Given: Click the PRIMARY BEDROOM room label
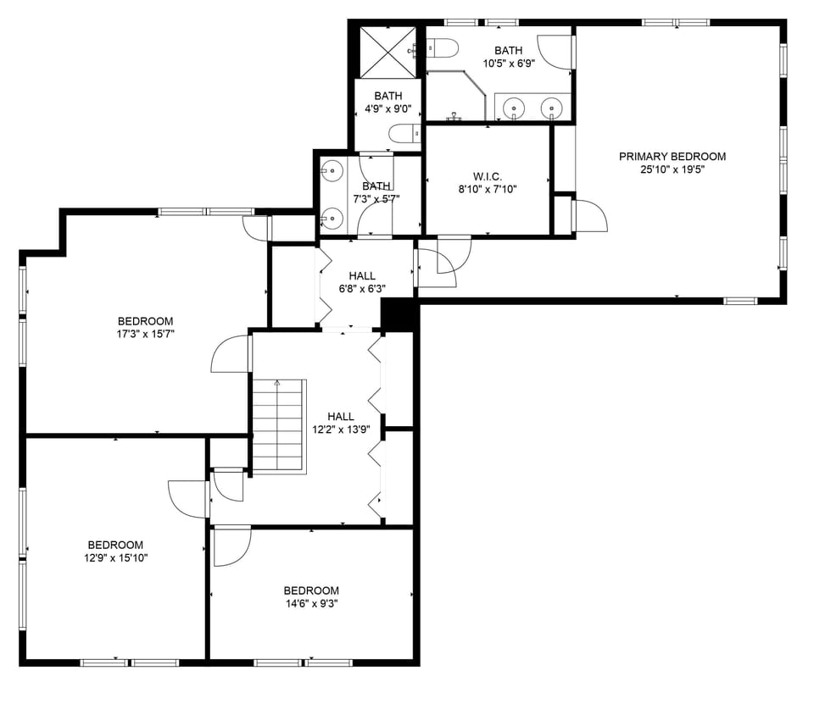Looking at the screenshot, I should [672, 156].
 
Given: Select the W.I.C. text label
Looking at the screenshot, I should [487, 176].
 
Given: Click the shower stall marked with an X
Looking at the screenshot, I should [386, 52].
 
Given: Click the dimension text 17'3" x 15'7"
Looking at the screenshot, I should [145, 334].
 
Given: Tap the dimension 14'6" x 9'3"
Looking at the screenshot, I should [311, 603].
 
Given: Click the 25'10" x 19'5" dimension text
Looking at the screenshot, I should [672, 169].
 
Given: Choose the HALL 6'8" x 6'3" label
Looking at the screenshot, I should [362, 282].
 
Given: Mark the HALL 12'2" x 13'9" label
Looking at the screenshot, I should [341, 423].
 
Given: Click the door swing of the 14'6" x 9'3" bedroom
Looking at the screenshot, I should [230, 546].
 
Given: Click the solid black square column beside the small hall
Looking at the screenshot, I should [398, 314].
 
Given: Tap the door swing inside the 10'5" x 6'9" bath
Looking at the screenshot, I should [556, 53].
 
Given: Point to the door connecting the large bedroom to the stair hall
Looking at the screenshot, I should [231, 353].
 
